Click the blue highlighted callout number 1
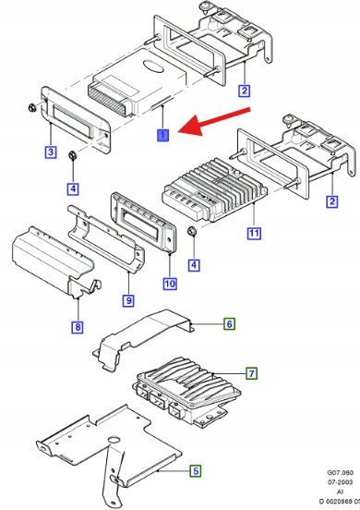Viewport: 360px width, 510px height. click(162, 135)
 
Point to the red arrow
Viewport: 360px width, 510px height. click(214, 121)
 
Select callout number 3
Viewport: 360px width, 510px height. click(51, 152)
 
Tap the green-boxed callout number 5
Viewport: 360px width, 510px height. click(196, 470)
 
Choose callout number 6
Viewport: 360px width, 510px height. click(230, 323)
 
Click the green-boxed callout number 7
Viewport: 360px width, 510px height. click(251, 373)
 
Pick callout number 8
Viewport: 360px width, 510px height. click(78, 326)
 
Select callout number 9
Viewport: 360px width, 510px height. click(128, 300)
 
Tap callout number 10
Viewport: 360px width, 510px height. click(170, 284)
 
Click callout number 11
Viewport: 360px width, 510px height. click(254, 233)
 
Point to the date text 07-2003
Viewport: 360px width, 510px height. click(340, 482)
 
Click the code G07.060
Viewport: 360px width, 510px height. click(340, 473)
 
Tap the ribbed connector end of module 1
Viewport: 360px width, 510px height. click(107, 99)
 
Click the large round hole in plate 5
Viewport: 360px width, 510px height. click(114, 440)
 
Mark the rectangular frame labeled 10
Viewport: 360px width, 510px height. click(144, 222)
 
